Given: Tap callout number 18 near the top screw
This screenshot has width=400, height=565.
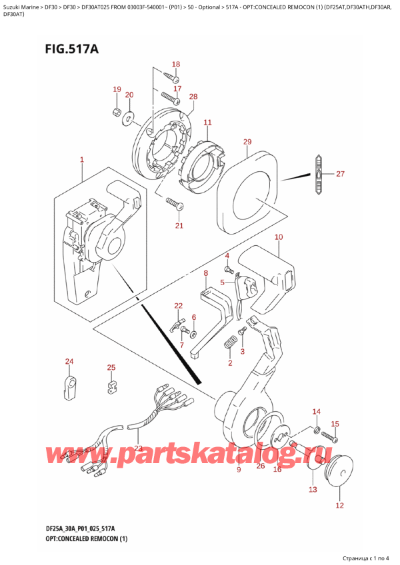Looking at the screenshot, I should [175, 65].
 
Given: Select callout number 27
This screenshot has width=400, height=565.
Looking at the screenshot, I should [340, 175].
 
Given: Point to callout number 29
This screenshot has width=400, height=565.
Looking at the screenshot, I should [247, 142].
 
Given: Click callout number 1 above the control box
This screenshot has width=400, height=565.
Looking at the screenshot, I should [81, 160].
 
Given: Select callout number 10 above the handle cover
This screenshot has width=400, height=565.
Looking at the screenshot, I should [278, 237].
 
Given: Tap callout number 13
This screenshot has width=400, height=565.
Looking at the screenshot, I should [313, 490].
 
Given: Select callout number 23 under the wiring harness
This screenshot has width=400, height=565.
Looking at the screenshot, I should [138, 448].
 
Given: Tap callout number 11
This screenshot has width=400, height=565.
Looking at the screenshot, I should [207, 123].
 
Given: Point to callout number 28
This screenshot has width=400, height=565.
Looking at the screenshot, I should [193, 97].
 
